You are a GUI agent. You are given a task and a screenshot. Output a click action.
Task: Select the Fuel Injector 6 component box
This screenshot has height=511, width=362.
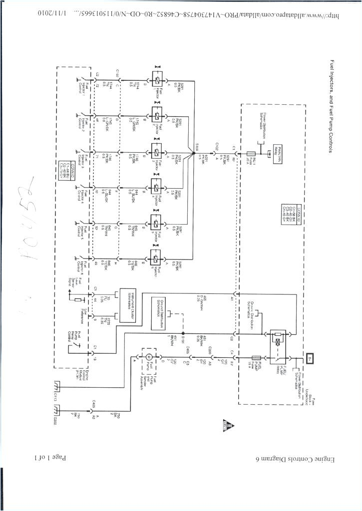click(157, 258)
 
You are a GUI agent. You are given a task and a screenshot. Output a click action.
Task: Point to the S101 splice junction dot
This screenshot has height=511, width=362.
click(183, 333)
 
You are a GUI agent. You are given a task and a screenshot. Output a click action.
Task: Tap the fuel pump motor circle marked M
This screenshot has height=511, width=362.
click(148, 357)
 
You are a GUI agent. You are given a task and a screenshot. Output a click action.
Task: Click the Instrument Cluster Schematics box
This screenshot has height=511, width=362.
click(125, 306)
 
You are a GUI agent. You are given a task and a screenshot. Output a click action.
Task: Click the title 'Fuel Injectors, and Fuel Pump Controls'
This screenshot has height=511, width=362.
click(332, 107)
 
